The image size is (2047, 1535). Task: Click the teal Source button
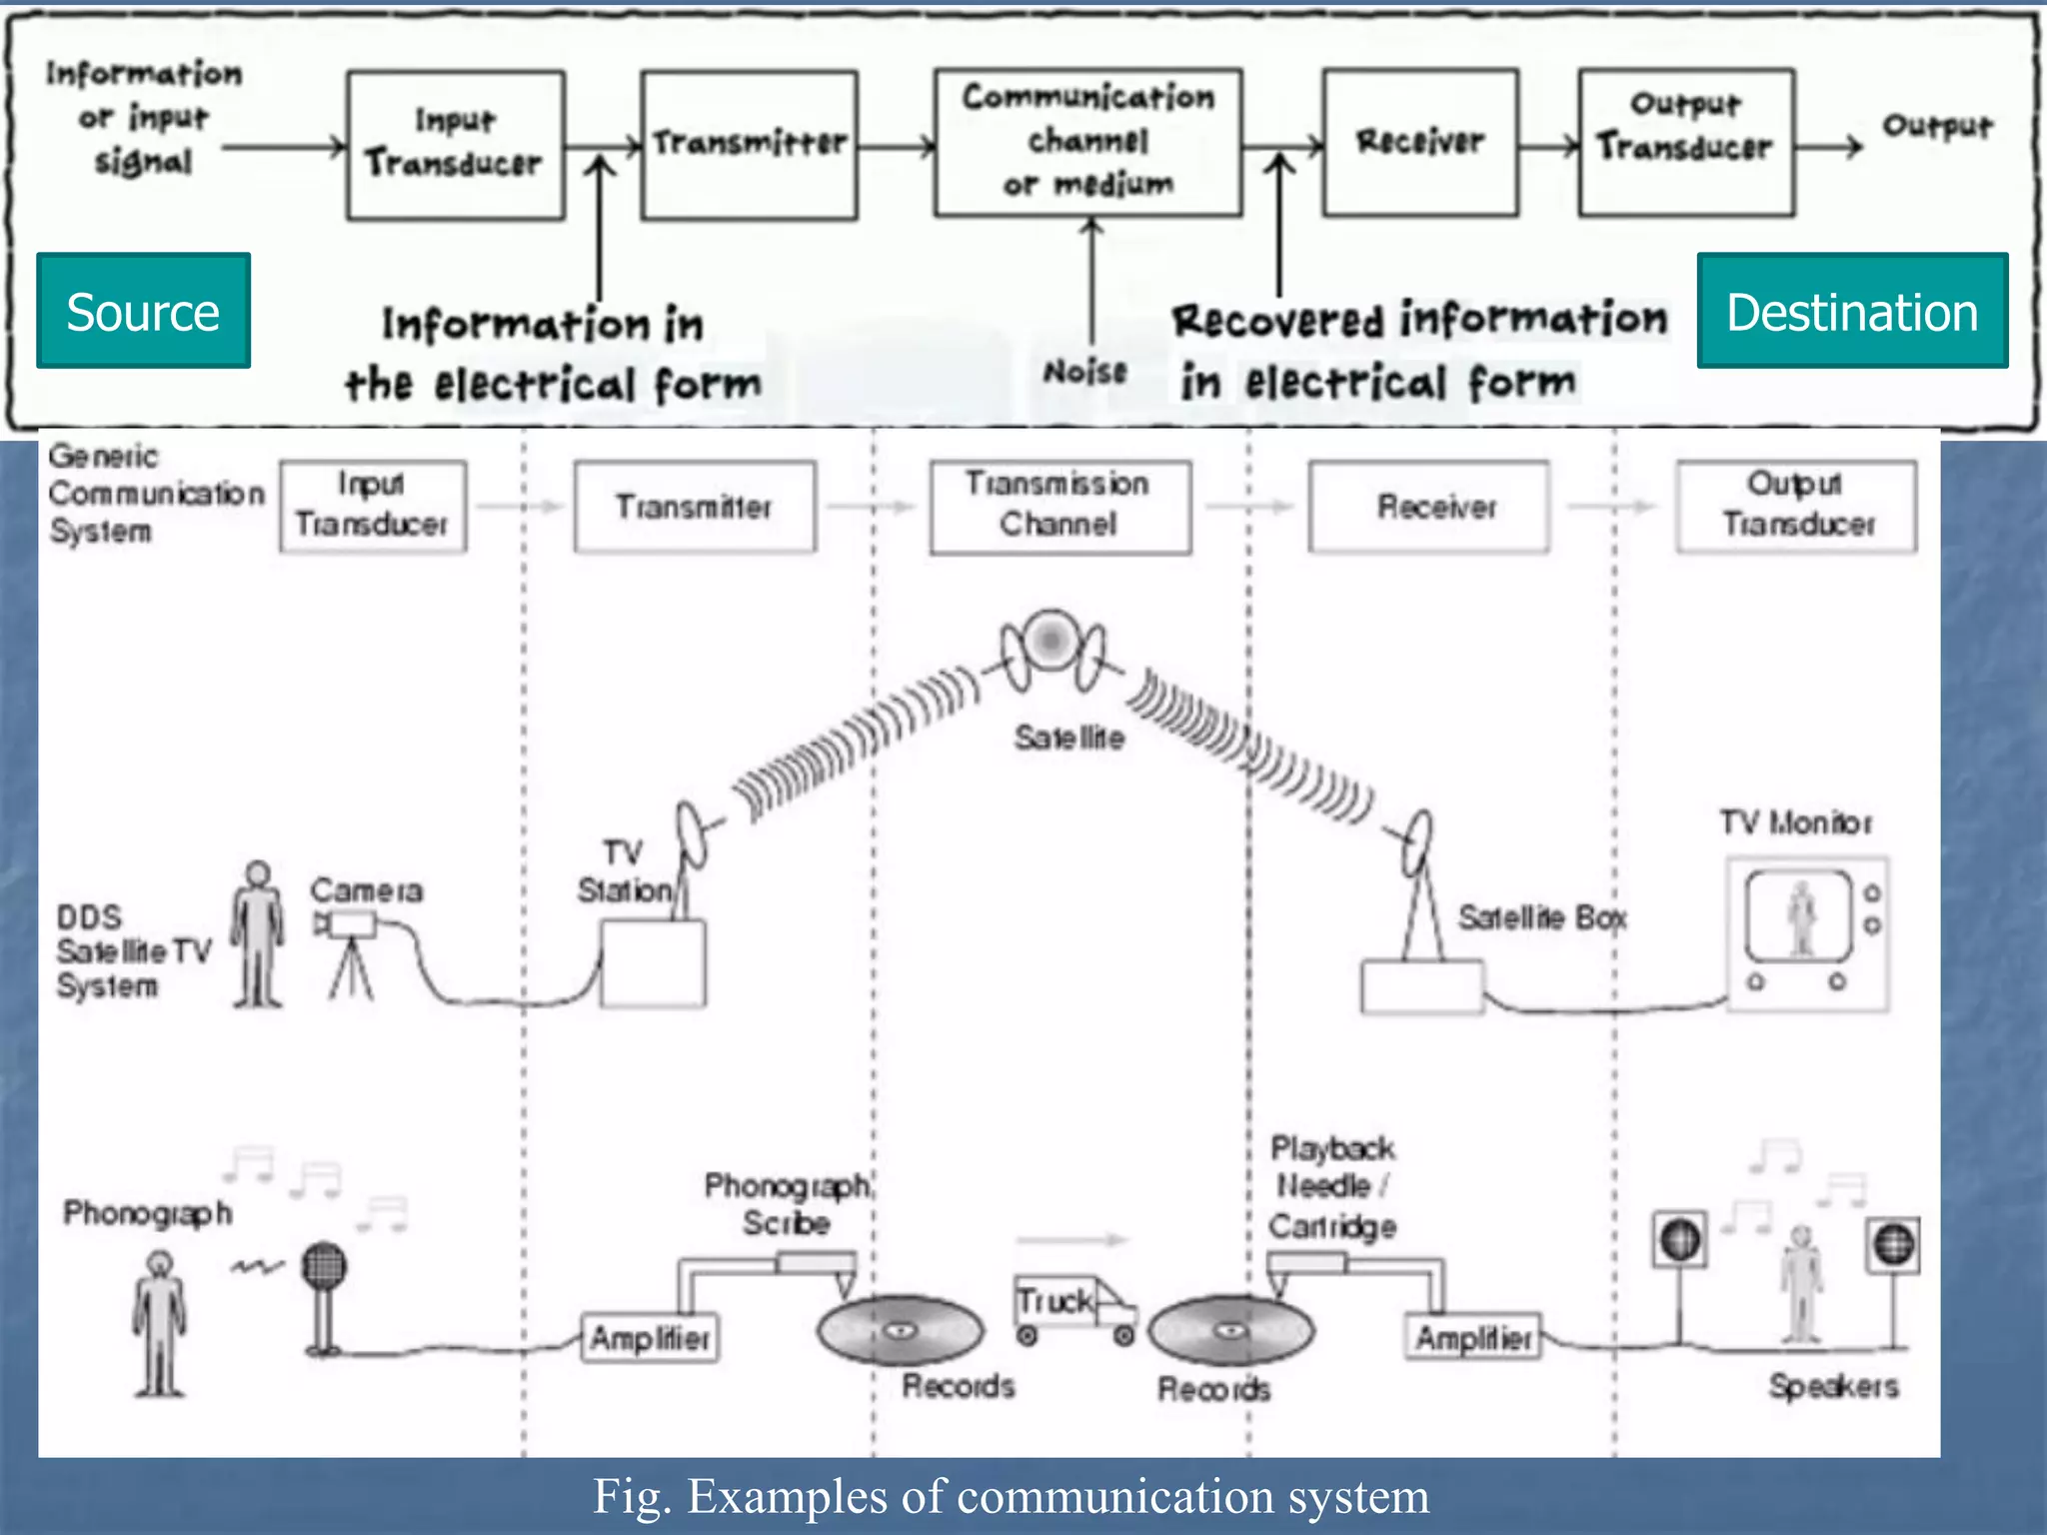pos(143,311)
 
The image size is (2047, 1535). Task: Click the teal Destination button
pos(1851,311)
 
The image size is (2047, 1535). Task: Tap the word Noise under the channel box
pos(1085,372)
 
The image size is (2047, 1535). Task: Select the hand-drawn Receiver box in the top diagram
pos(1420,142)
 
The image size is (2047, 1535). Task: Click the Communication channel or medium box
pos(1087,142)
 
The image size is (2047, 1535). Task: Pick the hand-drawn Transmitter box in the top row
pos(749,144)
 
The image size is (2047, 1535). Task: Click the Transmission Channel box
pos(1059,506)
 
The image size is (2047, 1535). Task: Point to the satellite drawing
pos(1051,650)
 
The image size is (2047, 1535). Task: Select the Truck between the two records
pos(1071,1309)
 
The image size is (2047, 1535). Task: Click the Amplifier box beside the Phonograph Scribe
pos(650,1337)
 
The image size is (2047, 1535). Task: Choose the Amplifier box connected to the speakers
pos(1473,1337)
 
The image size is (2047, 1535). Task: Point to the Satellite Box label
pos(1541,916)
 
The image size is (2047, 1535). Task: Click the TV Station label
pos(625,870)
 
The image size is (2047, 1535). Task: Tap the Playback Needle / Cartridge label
pos(1331,1186)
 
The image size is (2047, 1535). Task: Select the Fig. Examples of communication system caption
pos(1011,1496)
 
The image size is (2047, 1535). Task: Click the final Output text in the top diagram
pos(1936,126)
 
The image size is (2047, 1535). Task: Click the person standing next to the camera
pos(258,934)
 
